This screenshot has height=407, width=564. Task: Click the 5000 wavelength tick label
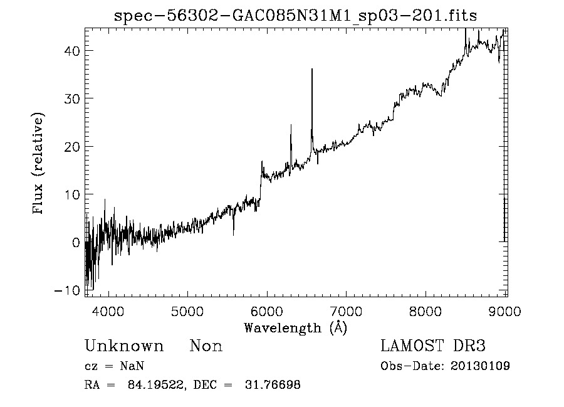(187, 310)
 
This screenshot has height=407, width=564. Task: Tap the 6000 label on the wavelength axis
(267, 310)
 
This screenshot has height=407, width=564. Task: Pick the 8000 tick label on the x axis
(426, 310)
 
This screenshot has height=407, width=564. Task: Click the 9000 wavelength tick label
(506, 310)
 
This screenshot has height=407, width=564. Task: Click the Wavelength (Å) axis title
(295, 327)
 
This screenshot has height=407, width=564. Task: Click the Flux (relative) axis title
(39, 164)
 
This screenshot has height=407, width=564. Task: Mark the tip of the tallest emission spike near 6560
(311, 70)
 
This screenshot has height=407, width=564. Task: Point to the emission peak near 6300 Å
(291, 125)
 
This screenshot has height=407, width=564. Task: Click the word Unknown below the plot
(124, 346)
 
